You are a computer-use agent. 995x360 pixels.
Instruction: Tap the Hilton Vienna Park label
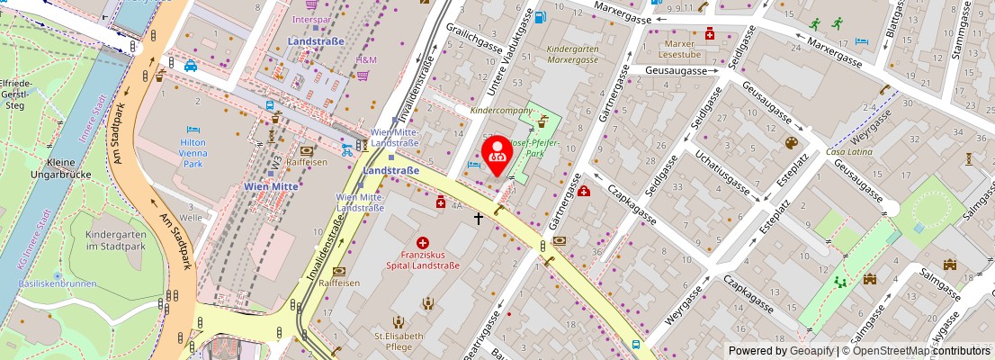tap(193, 154)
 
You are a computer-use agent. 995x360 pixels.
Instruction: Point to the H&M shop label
tap(366, 60)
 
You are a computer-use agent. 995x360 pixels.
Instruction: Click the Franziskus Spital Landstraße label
tap(423, 259)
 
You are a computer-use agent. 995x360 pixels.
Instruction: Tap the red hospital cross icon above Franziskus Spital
tap(423, 242)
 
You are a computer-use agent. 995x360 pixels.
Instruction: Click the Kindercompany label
tap(501, 111)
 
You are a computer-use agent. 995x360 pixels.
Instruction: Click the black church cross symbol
tap(479, 217)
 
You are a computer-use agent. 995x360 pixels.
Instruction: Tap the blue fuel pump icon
tap(540, 16)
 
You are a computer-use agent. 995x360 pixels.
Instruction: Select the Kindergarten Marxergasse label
tap(573, 53)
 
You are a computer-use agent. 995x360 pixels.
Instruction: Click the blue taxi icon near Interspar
tap(191, 66)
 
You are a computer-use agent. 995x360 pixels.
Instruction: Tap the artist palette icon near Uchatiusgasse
tap(792, 143)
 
